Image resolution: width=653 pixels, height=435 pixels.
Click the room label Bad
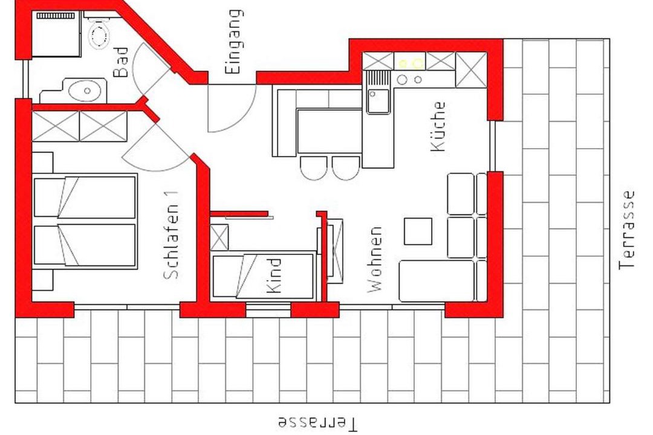pos(120,62)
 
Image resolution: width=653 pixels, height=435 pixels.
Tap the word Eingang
pos(233,42)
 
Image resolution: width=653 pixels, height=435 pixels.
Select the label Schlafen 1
pos(171,235)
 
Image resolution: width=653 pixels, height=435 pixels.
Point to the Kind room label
pos(274,275)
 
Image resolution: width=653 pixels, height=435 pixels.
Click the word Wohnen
pos(375,259)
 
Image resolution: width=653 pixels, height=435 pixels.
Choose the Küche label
pos(438,126)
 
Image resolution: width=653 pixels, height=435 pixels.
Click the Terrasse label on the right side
pos(626,230)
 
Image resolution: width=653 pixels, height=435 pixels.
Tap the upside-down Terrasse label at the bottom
pos(317,423)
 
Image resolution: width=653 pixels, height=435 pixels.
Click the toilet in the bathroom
pos(99,33)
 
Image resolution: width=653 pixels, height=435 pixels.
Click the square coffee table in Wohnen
pos(418,231)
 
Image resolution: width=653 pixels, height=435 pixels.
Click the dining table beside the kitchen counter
pos(330,132)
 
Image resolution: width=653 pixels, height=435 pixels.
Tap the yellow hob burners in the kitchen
pos(410,63)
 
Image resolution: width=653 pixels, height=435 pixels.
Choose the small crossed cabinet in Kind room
pos(219,237)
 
